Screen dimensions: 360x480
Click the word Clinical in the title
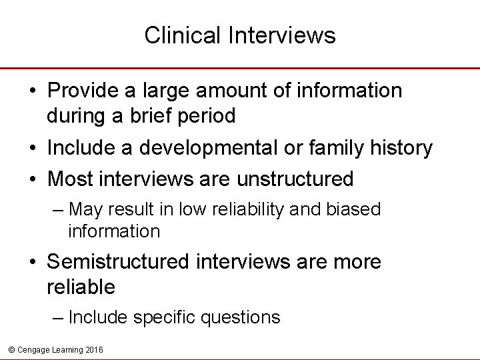click(x=175, y=35)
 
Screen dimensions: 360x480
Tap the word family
click(x=337, y=148)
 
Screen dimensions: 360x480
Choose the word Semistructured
click(x=117, y=262)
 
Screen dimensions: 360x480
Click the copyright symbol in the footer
click(x=11, y=349)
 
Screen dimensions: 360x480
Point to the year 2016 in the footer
click(x=93, y=349)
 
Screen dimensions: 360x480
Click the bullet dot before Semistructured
click(x=33, y=262)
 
